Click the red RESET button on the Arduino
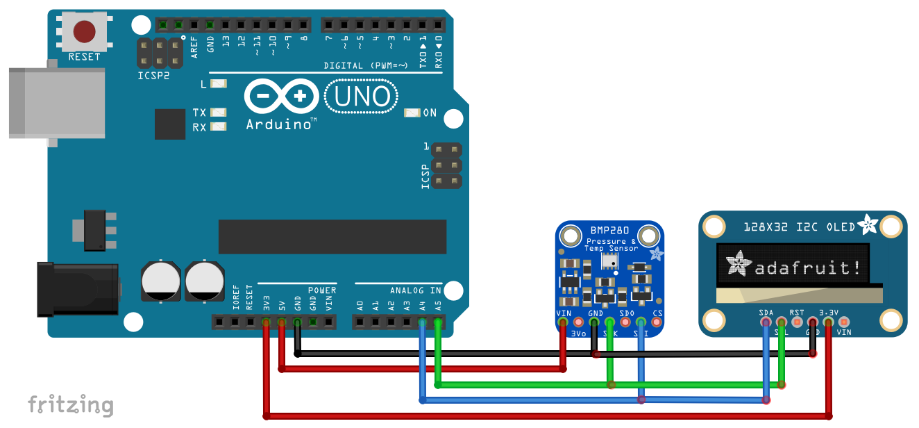[x=85, y=31]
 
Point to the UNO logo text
[x=362, y=97]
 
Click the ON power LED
[x=412, y=113]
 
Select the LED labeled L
[x=219, y=84]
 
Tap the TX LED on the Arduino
[x=219, y=112]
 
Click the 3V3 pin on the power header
[x=266, y=322]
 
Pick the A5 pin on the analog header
[x=438, y=322]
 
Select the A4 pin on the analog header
[x=422, y=322]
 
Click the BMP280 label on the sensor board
[x=609, y=231]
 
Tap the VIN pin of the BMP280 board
[x=562, y=322]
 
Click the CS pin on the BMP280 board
[x=657, y=322]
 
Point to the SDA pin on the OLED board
[x=766, y=322]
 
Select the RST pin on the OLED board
[x=797, y=322]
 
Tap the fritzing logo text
[x=70, y=405]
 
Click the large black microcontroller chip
[x=332, y=236]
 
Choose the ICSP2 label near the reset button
[x=153, y=76]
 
